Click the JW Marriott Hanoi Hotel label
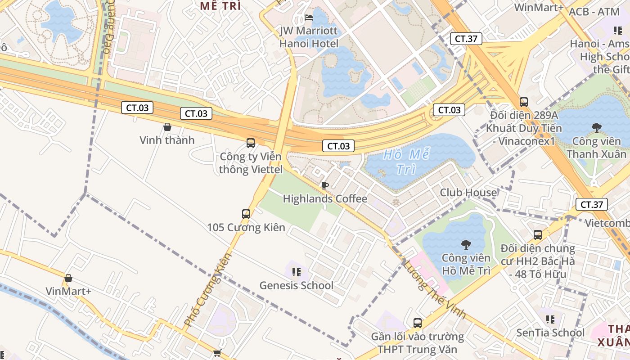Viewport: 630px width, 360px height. (x=309, y=37)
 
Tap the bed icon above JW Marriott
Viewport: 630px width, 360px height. (x=309, y=18)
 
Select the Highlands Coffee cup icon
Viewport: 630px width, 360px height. (x=324, y=185)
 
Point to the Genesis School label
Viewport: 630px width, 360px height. (x=297, y=285)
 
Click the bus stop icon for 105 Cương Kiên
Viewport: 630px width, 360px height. (x=246, y=214)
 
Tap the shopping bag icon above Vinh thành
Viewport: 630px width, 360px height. (x=167, y=127)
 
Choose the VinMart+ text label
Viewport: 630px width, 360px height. (x=68, y=291)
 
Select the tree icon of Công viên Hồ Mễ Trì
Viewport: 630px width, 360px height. (x=466, y=245)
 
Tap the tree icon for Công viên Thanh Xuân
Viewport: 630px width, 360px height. (x=597, y=128)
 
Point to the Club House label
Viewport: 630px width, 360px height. (x=468, y=193)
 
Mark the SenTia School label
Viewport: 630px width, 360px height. (x=550, y=333)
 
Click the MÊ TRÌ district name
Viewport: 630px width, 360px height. (x=220, y=6)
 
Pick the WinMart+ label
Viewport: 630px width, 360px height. (x=539, y=7)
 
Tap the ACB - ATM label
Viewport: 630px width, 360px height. (x=594, y=12)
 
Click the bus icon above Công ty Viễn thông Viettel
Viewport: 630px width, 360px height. (x=251, y=143)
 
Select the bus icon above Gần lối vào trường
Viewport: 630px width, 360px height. (x=418, y=323)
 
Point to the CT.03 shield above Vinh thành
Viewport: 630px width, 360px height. (x=137, y=108)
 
